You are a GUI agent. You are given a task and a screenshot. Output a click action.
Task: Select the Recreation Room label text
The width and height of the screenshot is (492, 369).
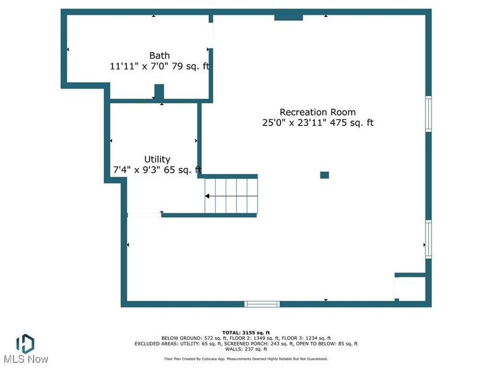tap(317, 112)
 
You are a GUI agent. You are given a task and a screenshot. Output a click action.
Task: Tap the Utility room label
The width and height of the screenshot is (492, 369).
tap(157, 159)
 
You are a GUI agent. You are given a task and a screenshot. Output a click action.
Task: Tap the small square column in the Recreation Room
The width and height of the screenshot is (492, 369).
tap(325, 175)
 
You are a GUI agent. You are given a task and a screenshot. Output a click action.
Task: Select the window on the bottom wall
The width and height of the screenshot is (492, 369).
tap(262, 304)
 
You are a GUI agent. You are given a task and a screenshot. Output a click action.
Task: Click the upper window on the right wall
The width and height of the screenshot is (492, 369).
tap(429, 114)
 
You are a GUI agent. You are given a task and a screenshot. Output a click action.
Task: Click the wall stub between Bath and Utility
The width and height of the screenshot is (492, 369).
tap(159, 92)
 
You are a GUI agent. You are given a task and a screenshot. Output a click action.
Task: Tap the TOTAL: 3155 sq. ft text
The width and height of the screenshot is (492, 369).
tap(246, 332)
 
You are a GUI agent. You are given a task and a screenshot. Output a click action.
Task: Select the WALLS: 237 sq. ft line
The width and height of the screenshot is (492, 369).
tap(246, 349)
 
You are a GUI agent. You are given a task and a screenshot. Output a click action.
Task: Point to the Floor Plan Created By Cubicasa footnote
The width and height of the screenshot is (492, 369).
tap(246, 359)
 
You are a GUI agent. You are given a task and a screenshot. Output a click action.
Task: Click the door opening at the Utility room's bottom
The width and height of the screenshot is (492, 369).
tap(144, 215)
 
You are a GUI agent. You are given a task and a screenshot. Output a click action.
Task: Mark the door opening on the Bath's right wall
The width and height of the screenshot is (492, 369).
tap(212, 37)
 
